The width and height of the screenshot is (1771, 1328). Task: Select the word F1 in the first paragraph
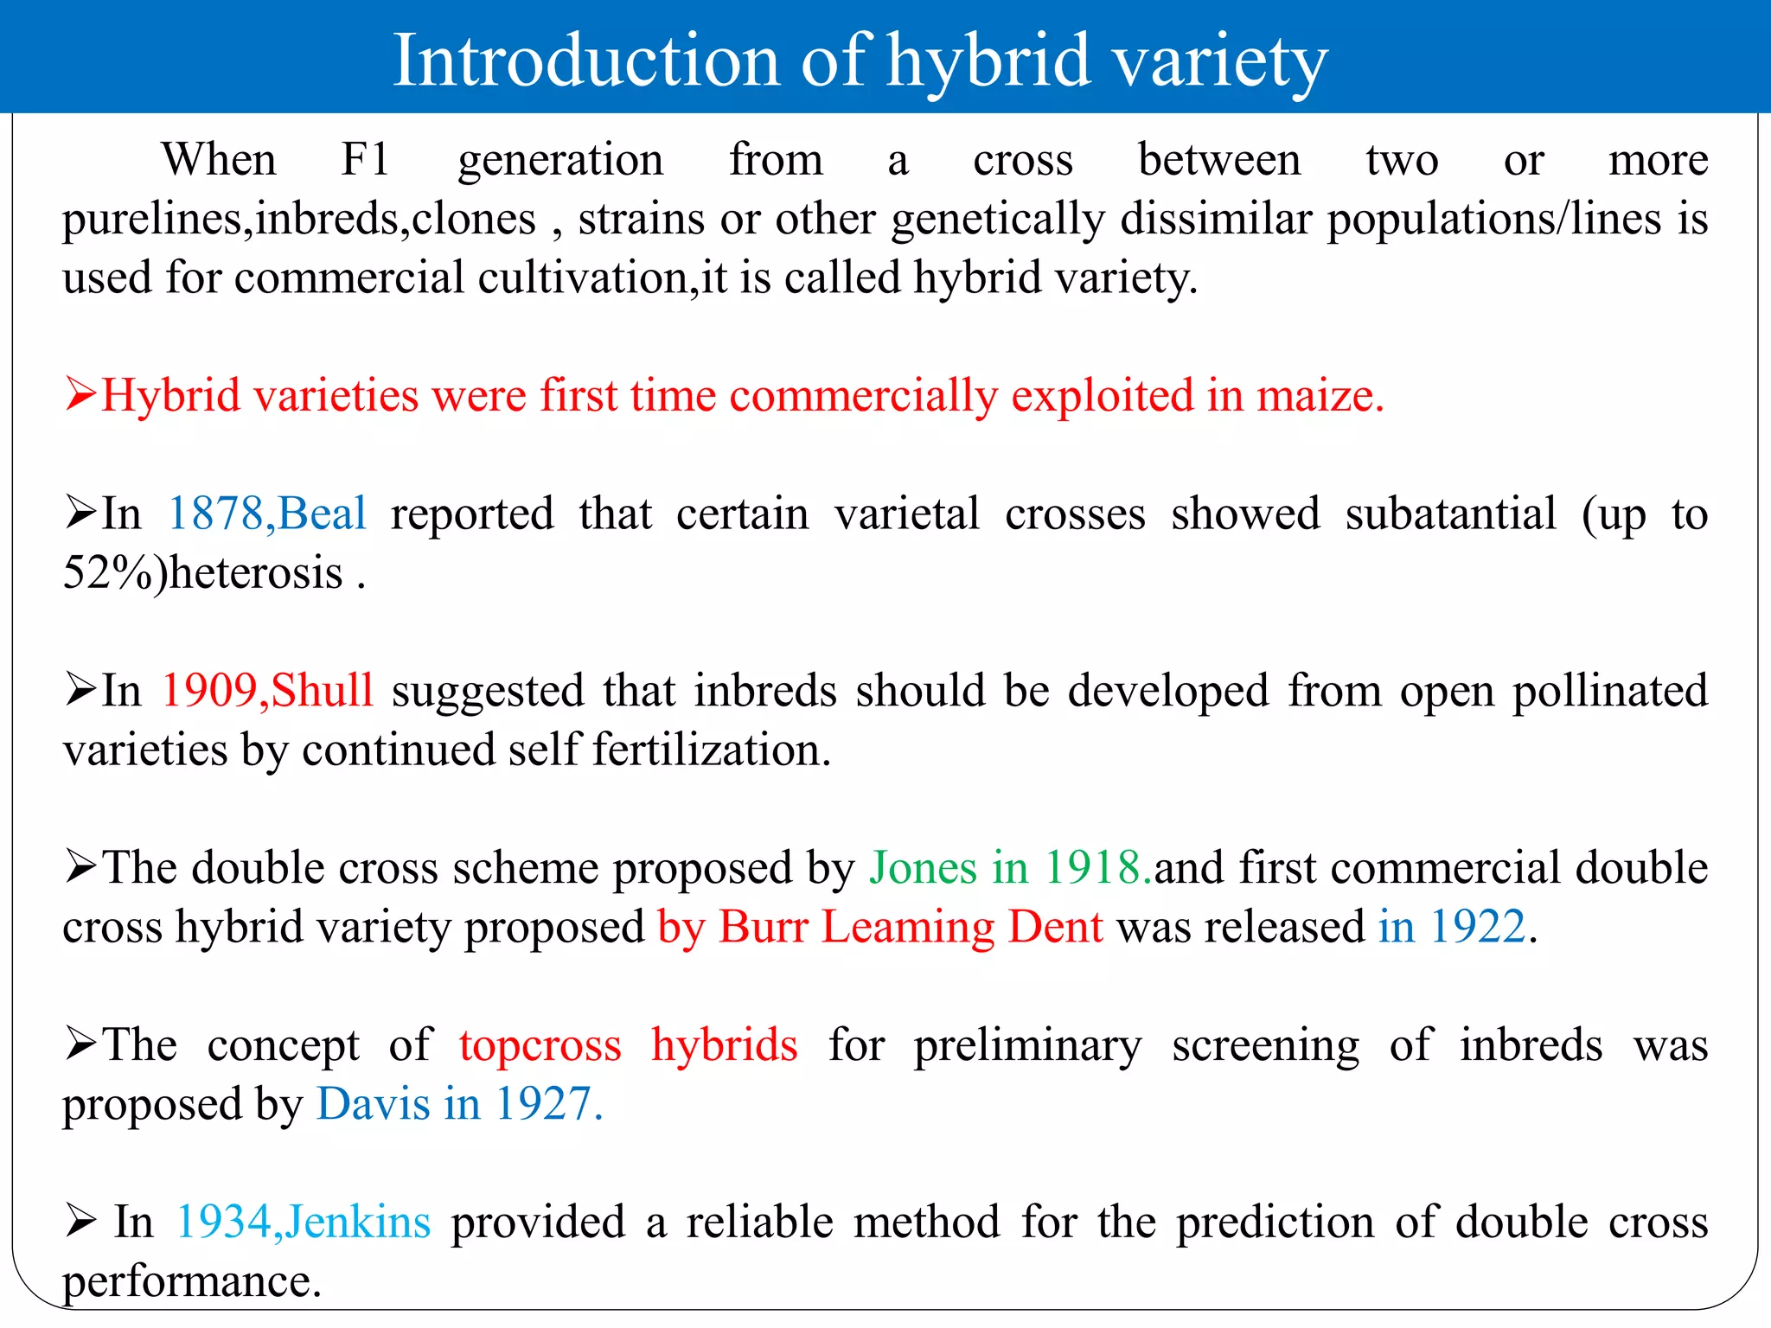pos(365,160)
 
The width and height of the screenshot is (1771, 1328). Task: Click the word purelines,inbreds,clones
pos(299,220)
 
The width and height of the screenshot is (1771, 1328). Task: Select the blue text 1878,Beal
pos(267,514)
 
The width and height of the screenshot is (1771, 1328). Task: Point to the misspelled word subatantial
pos(1450,514)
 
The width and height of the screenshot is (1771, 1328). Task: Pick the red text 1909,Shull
pos(268,691)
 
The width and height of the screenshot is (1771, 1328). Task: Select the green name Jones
pos(923,868)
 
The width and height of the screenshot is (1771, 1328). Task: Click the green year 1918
pos(1096,868)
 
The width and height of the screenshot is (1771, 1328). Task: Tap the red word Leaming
pos(908,927)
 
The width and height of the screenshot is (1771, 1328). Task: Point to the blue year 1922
pos(1477,927)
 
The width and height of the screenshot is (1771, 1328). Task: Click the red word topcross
pos(540,1045)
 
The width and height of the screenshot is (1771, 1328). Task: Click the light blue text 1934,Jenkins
pos(304,1223)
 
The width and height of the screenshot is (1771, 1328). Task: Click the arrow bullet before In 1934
pos(80,1222)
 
